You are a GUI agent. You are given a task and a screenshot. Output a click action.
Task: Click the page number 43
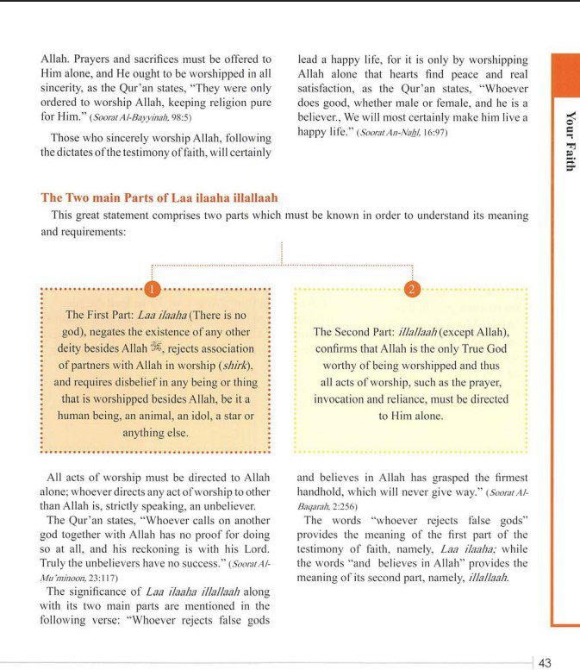coord(545,662)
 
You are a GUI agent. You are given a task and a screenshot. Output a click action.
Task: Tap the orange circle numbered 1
coord(152,287)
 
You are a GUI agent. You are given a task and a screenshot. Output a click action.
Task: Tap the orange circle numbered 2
coord(412,287)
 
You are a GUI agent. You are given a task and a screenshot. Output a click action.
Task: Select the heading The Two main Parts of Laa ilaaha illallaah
coord(159,197)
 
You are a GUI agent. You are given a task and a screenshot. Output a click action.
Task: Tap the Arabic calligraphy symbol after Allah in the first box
coord(156,348)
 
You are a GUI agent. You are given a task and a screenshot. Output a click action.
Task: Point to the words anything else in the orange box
coord(155,432)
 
